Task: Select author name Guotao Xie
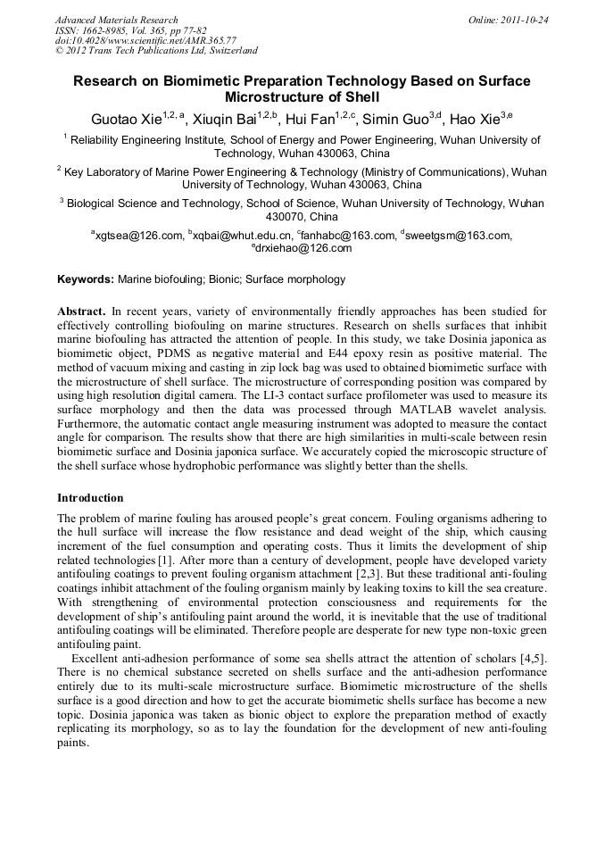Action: click(127, 118)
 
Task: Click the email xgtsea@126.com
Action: click(139, 236)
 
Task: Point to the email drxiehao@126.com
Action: click(304, 248)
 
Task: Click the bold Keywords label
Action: click(86, 279)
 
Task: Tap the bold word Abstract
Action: click(81, 312)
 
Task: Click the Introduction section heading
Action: click(90, 497)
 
